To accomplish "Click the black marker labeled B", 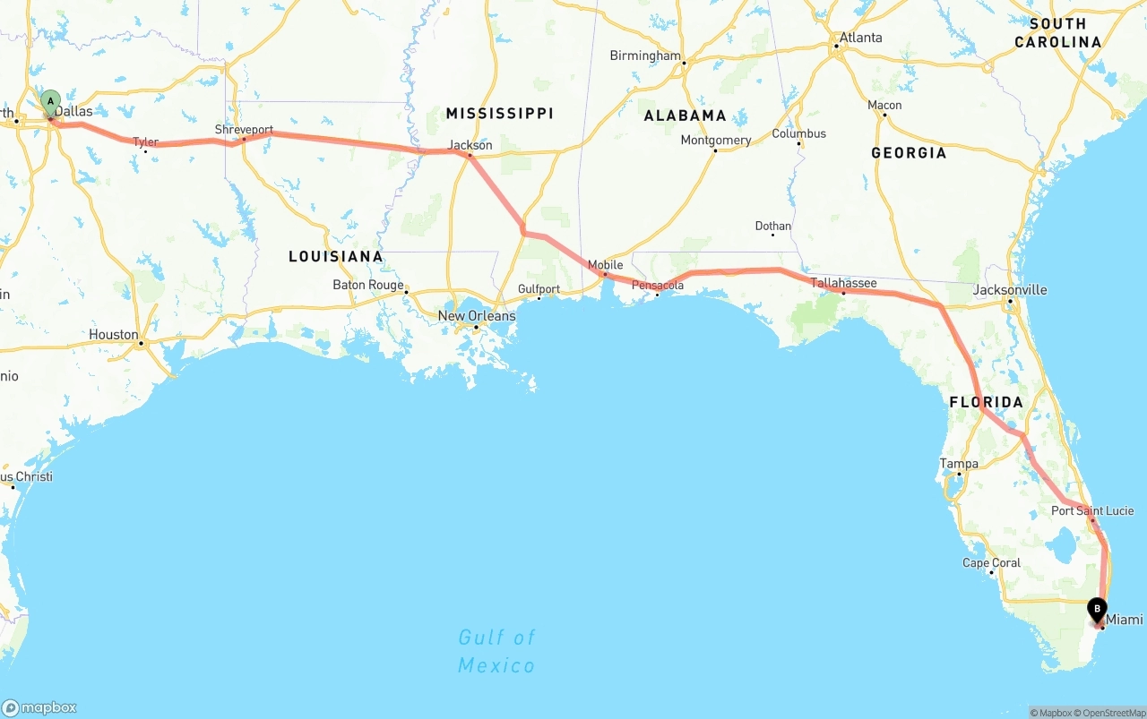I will click(1097, 610).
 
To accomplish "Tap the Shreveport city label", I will click(244, 130).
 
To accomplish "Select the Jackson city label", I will click(470, 145).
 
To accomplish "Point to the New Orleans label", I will click(477, 316).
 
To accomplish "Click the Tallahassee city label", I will click(843, 283).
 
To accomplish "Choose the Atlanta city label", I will click(859, 38).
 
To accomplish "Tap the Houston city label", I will click(114, 335).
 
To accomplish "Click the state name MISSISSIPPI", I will click(500, 113).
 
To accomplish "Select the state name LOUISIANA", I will click(336, 257).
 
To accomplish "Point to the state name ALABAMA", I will click(686, 116).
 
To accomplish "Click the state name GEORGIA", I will click(909, 153).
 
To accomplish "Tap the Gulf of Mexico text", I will click(496, 651).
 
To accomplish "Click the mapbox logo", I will click(39, 707).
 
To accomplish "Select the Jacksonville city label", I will click(1010, 290).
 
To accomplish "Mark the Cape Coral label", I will click(991, 563).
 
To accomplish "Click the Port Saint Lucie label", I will click(1092, 511).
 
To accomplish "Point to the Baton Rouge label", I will click(368, 285).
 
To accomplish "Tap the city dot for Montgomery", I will click(715, 150).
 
